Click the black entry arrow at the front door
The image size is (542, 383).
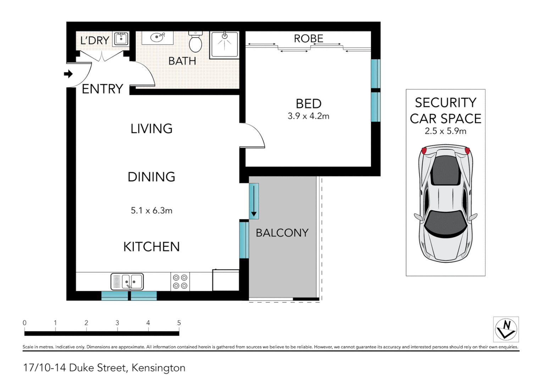tap(68, 74)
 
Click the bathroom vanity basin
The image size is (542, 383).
tap(157, 37)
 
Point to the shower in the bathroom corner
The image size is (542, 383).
tap(224, 44)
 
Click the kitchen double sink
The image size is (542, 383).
tap(127, 282)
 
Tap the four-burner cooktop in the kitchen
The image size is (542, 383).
tap(180, 282)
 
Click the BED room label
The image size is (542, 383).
tap(308, 104)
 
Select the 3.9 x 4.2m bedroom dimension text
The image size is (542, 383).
tap(308, 116)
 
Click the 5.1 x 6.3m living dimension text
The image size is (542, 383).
tap(151, 211)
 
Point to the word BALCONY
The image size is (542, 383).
tap(282, 233)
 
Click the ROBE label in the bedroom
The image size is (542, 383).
tap(308, 38)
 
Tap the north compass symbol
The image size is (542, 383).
tap(506, 329)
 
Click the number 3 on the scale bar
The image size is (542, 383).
tap(117, 323)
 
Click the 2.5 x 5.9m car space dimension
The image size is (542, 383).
tap(446, 131)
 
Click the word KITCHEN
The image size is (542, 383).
tap(151, 246)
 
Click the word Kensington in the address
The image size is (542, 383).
tap(158, 368)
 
